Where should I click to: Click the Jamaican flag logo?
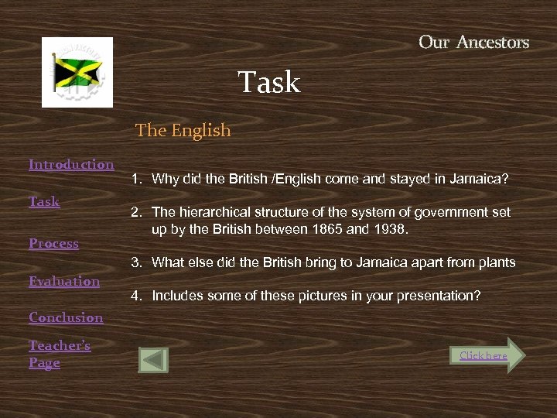click(x=77, y=72)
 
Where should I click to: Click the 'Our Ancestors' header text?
click(x=473, y=43)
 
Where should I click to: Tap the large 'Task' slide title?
click(x=268, y=82)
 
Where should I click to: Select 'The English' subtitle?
click(x=183, y=130)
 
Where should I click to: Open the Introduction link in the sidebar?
click(x=71, y=164)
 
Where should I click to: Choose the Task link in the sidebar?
click(x=44, y=201)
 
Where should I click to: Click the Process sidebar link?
click(x=53, y=243)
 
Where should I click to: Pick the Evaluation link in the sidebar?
click(x=64, y=281)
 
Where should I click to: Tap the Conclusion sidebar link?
click(x=66, y=317)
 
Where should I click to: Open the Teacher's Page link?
click(x=60, y=354)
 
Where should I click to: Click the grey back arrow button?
click(x=153, y=360)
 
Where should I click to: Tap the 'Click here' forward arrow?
click(x=488, y=355)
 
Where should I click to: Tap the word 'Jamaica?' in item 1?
click(x=482, y=180)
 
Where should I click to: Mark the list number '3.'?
click(x=135, y=262)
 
